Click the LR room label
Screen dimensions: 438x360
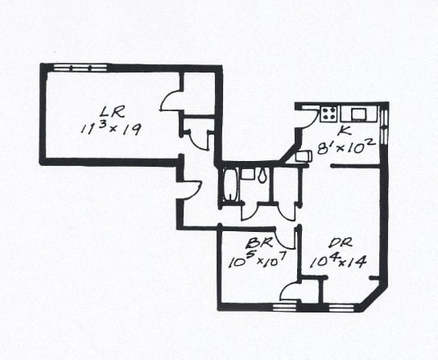pyautogui.click(x=112, y=113)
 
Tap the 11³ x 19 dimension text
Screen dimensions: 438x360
pyautogui.click(x=111, y=129)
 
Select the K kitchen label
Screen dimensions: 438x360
pyautogui.click(x=344, y=130)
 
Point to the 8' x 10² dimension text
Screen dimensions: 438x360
pyautogui.click(x=345, y=147)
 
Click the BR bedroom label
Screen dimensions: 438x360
pyautogui.click(x=259, y=242)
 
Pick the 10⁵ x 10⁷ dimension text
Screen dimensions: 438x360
pyautogui.click(x=258, y=259)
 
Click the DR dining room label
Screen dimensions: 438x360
pyautogui.click(x=341, y=242)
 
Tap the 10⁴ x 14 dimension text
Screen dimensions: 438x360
pyautogui.click(x=338, y=261)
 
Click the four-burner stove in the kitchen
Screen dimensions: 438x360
pyautogui.click(x=328, y=114)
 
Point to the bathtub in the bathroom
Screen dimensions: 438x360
pyautogui.click(x=230, y=184)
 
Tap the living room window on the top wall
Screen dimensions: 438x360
pyautogui.click(x=81, y=68)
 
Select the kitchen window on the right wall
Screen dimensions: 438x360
pyautogui.click(x=385, y=126)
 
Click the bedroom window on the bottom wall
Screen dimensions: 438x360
pyautogui.click(x=284, y=308)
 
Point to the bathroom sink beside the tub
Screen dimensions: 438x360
pyautogui.click(x=247, y=174)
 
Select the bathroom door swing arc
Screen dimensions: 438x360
pyautogui.click(x=250, y=212)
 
